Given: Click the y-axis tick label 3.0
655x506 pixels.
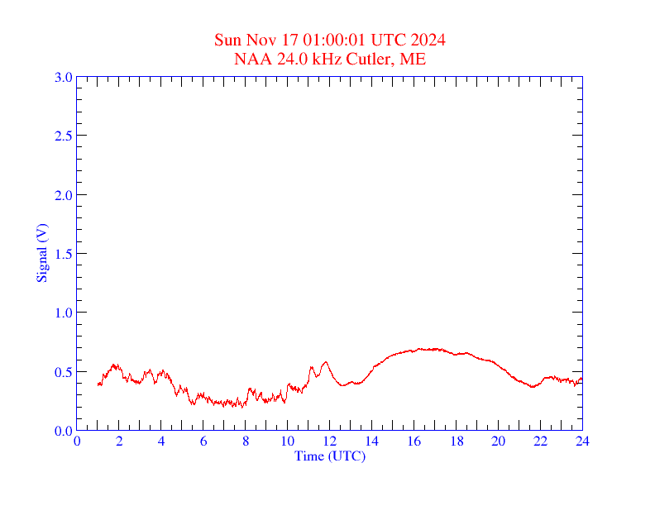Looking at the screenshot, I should click(x=63, y=77).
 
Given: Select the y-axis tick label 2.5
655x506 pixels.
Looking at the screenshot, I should click(x=63, y=136).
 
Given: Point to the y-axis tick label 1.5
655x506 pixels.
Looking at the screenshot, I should click(x=63, y=254).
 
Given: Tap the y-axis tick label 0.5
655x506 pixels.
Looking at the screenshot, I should click(x=63, y=372).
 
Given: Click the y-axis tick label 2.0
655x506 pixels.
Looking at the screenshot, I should click(x=63, y=195).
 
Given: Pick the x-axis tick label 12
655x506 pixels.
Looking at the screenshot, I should click(x=330, y=441).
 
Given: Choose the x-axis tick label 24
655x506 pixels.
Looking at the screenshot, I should click(x=582, y=441).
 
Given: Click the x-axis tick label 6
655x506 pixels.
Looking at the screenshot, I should click(x=203, y=441).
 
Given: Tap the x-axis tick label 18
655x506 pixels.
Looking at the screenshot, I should click(x=457, y=441).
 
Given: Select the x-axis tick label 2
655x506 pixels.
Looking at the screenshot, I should click(x=119, y=441).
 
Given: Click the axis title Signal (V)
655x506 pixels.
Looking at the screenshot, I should click(x=41, y=254).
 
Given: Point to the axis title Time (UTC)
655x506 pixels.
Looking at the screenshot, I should click(x=329, y=456).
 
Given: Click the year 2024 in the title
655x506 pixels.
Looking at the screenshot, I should click(x=430, y=41).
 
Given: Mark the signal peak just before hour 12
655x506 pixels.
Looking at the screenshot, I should click(x=326, y=361).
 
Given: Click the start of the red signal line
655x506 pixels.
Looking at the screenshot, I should click(x=98, y=384).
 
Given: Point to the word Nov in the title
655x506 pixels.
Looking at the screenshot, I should click(x=257, y=41).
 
